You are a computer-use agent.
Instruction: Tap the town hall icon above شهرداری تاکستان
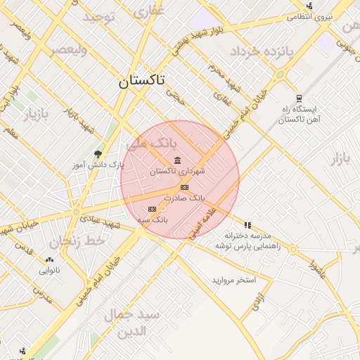(x=176, y=159)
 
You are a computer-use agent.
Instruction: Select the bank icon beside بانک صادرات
(x=184, y=187)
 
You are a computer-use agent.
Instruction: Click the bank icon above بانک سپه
(x=152, y=210)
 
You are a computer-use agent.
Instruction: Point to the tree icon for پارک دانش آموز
(x=98, y=154)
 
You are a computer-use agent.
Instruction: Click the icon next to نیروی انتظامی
(x=310, y=6)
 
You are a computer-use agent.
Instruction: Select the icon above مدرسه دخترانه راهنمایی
(x=247, y=224)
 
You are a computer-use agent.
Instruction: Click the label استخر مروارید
(x=234, y=280)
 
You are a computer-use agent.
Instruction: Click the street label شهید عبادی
(x=102, y=221)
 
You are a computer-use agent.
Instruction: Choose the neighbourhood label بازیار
(x=34, y=112)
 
